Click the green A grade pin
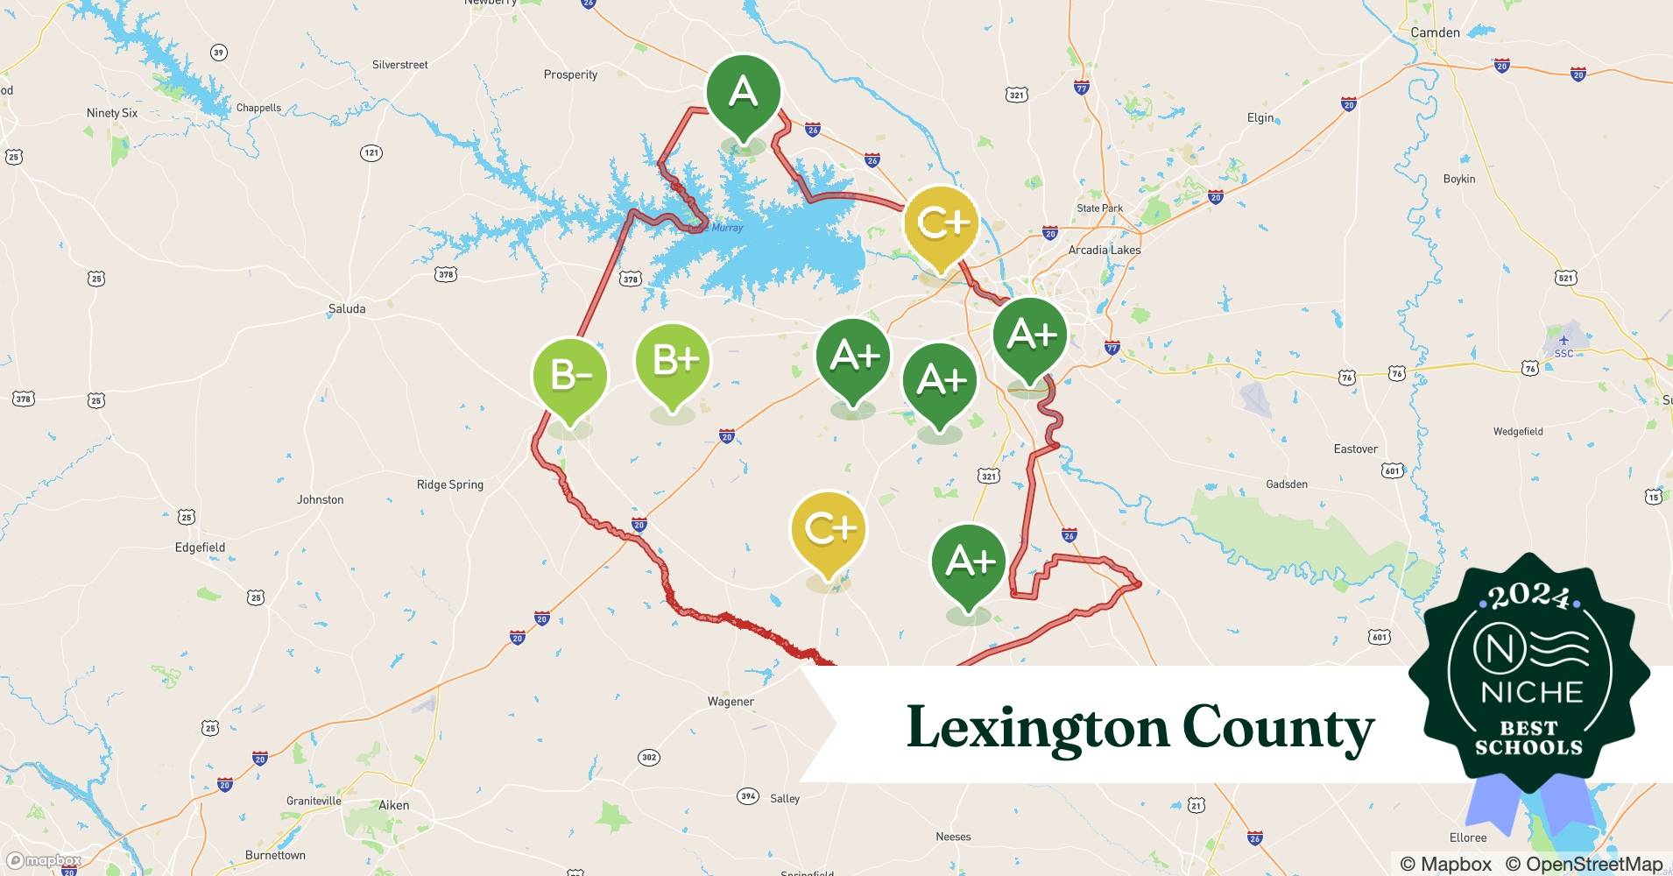point(743,92)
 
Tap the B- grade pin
point(570,376)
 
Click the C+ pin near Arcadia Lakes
point(941,223)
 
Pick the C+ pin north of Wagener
point(828,528)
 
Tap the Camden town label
point(1435,32)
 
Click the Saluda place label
point(347,308)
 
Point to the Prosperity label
point(570,74)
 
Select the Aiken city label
point(393,805)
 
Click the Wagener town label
point(731,702)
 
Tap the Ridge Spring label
point(449,484)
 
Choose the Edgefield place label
point(200,547)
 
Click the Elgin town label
point(1260,117)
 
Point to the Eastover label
point(1355,449)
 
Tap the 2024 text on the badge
point(1528,596)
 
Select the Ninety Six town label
point(112,113)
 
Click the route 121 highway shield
point(371,153)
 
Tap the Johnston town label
point(320,499)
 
